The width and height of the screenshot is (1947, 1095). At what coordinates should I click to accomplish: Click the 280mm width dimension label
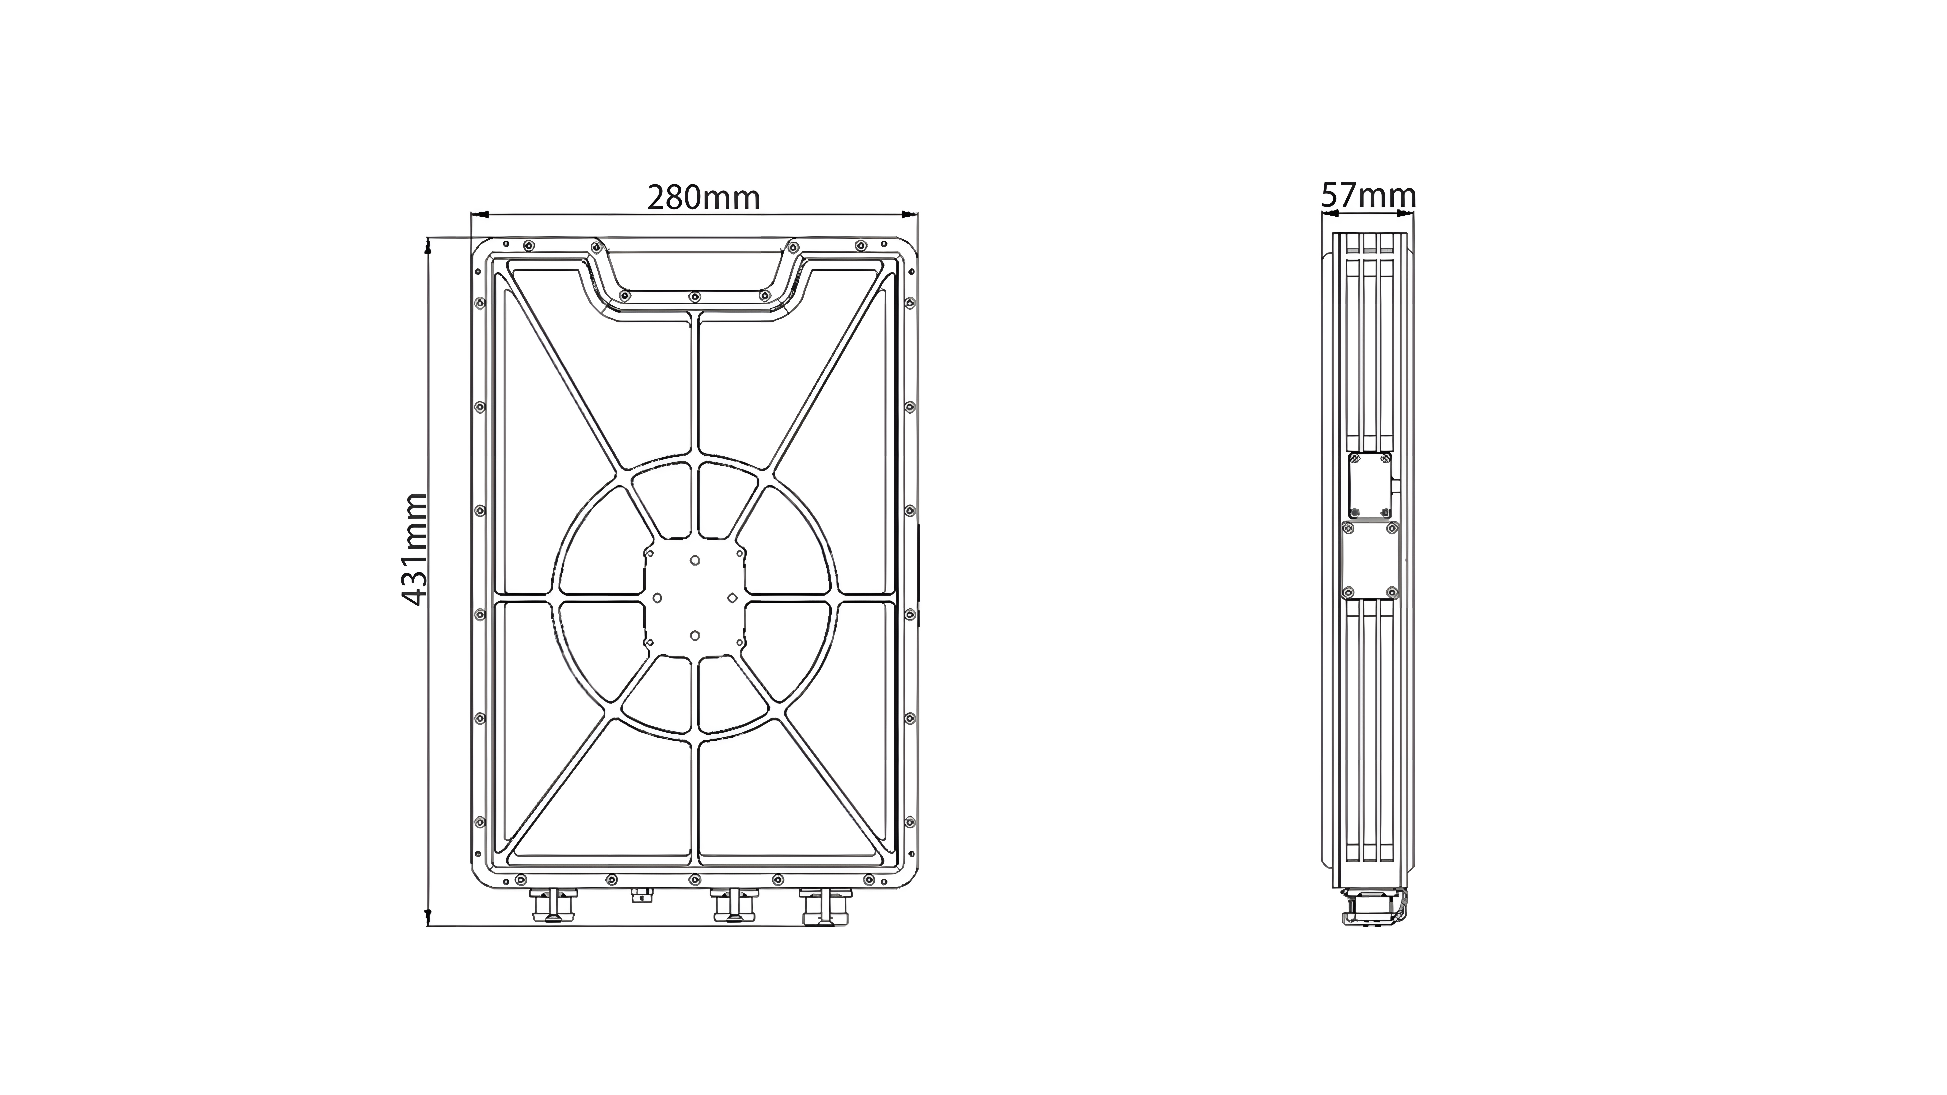(x=704, y=198)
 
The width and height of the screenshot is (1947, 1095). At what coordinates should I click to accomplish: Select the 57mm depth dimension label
(x=1369, y=196)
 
